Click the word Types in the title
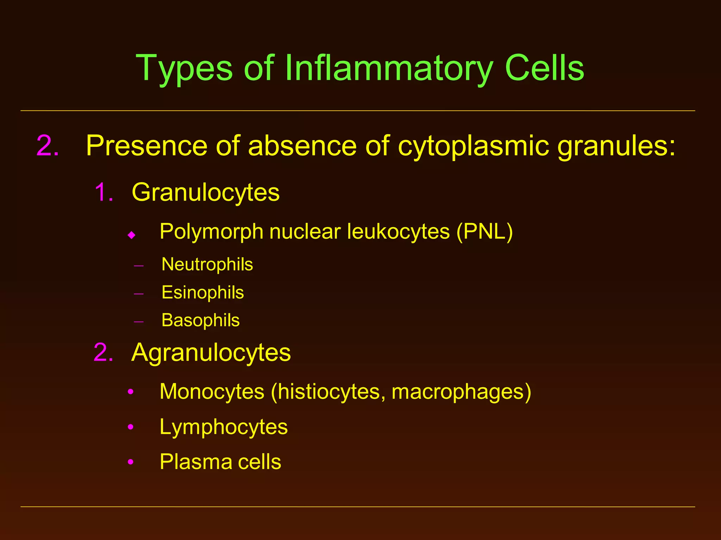184,69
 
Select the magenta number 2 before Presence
48,146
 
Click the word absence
302,146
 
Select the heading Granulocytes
206,193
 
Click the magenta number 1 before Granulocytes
104,193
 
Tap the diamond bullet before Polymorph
132,235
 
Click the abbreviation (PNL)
484,232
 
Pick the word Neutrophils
207,264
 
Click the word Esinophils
202,292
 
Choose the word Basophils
200,320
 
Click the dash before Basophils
139,321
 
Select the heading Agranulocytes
211,353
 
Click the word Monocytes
212,392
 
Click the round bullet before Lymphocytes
131,427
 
